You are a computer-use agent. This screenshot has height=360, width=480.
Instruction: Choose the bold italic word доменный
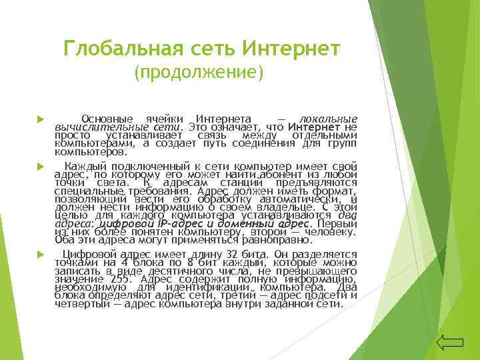(247, 224)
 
